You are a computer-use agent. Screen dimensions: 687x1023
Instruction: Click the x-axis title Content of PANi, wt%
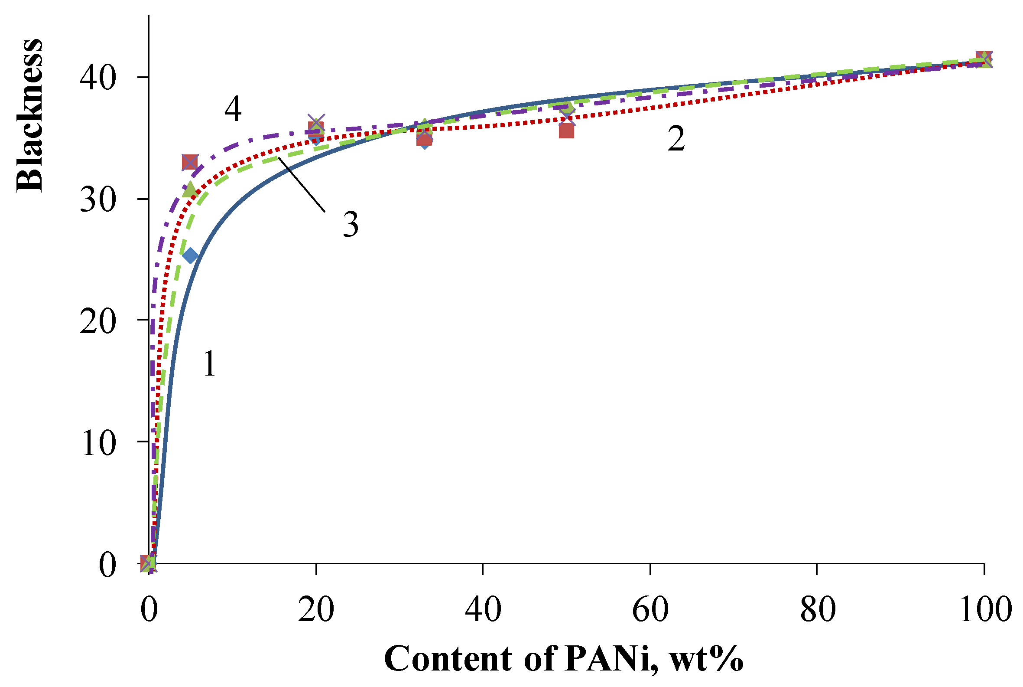(563, 658)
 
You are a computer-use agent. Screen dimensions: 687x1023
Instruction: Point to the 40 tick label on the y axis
(98, 78)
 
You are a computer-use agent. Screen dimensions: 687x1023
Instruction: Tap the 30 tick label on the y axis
(98, 200)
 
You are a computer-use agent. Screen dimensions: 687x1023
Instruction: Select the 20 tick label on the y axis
(98, 321)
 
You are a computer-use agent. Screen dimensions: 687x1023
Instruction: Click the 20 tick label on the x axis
(316, 609)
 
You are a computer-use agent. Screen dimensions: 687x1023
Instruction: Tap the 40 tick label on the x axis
(483, 609)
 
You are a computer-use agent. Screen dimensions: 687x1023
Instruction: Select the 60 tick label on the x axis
(650, 609)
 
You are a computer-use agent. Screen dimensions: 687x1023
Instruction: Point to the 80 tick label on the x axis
(818, 609)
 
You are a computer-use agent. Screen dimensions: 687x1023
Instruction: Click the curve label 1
(210, 363)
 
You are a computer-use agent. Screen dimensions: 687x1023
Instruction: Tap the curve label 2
(676, 138)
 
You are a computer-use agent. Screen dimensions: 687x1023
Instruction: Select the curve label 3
(350, 224)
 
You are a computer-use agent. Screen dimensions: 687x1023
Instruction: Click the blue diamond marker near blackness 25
(190, 255)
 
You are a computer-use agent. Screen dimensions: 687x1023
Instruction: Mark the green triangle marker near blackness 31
(189, 190)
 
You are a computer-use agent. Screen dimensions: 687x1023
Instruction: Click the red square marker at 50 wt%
(566, 131)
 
